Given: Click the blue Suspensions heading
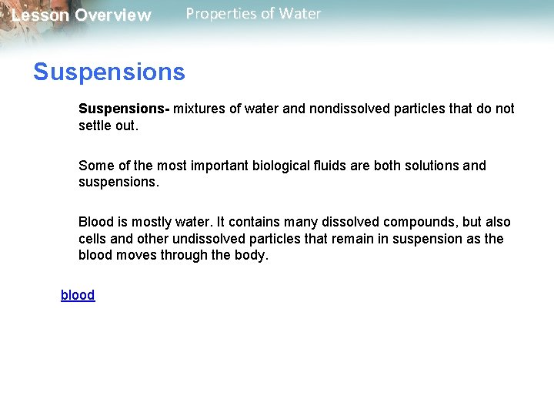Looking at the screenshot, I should pos(108,72).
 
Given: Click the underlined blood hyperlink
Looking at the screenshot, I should pos(78,295).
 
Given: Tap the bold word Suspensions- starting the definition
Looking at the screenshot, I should pos(124,109).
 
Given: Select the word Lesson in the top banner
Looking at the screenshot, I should pos(40,15).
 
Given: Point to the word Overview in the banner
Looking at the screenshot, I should pos(113,15).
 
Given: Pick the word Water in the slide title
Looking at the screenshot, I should pos(300,14).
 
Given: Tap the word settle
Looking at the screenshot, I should pos(95,125).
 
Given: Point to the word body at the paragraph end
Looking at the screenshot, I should pos(252,256).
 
